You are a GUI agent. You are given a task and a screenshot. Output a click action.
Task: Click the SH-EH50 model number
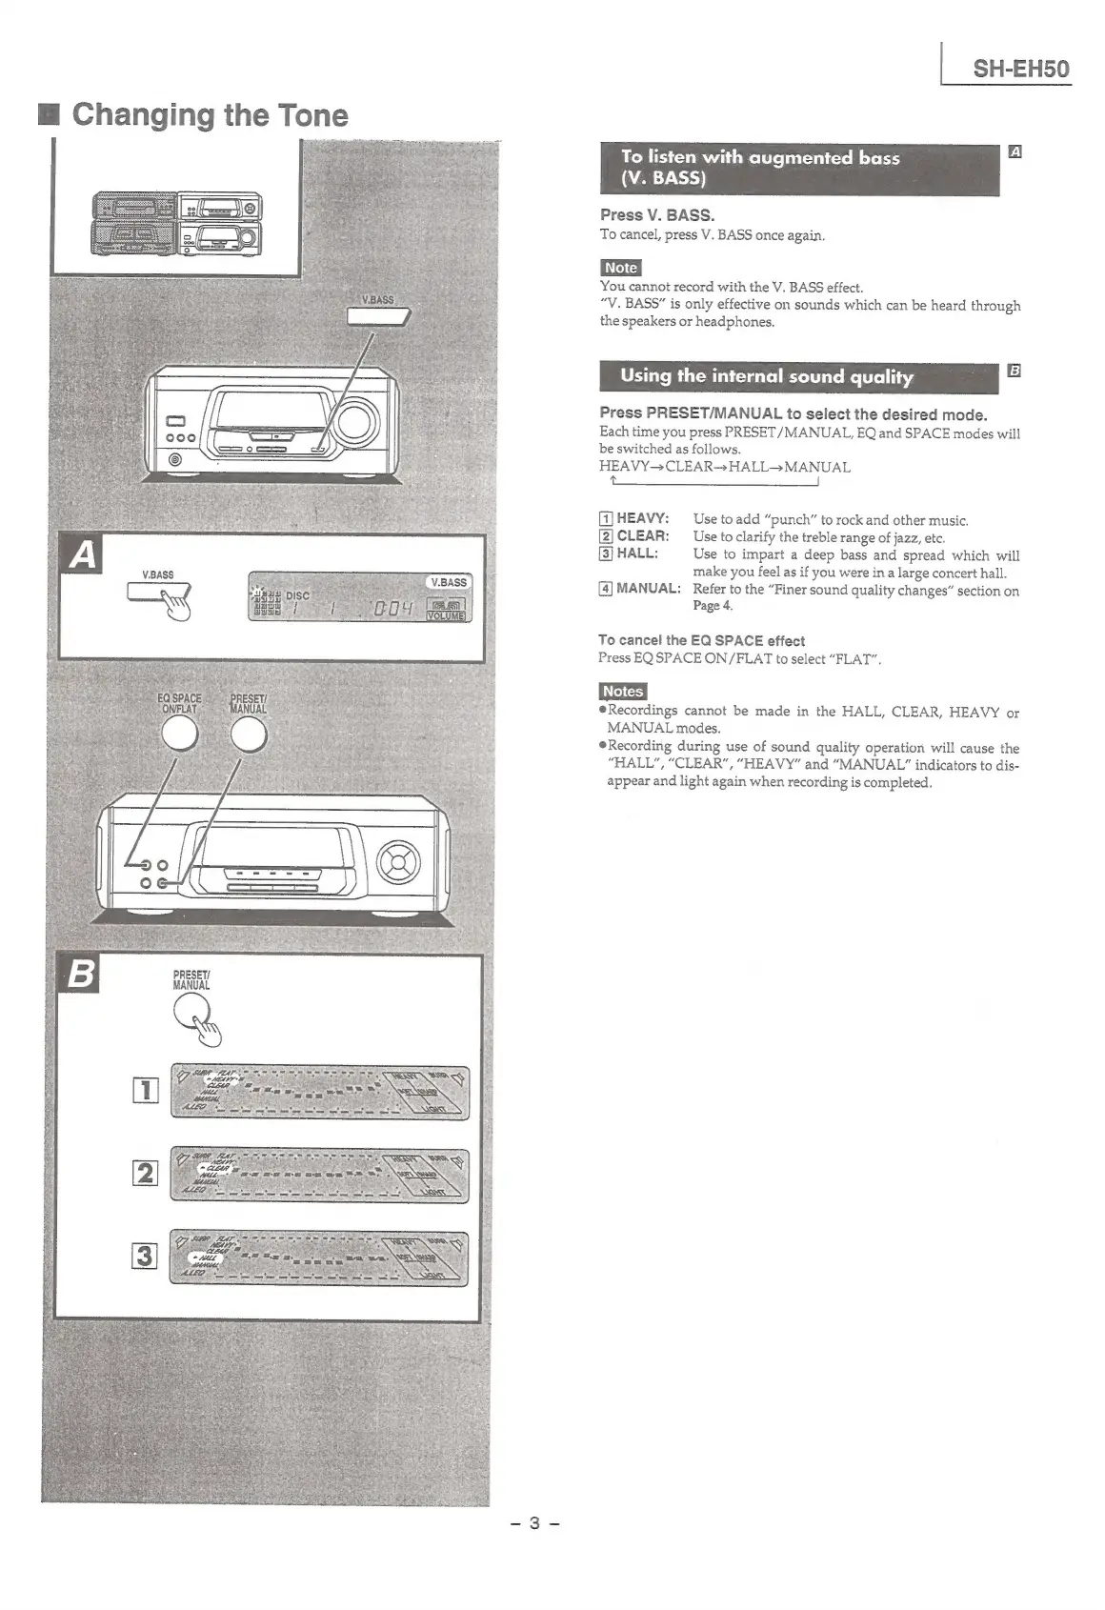click(1020, 69)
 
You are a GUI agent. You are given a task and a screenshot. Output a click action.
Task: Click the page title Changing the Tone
click(210, 115)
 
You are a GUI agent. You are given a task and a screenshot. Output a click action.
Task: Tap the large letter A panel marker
click(82, 555)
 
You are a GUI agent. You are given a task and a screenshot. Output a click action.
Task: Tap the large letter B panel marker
click(81, 976)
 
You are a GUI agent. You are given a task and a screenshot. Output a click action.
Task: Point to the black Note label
click(620, 268)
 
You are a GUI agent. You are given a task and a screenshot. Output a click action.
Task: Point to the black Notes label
click(622, 692)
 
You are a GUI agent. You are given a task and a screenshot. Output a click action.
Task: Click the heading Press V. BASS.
click(656, 215)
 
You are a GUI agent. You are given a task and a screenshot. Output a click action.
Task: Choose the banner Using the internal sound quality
click(798, 376)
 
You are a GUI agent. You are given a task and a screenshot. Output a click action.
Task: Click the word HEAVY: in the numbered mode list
click(642, 519)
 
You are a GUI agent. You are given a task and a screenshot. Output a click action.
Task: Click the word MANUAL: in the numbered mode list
click(648, 589)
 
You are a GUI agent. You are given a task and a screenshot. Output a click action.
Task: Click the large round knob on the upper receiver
click(357, 422)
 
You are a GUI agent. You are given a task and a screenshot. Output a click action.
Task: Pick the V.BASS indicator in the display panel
click(448, 582)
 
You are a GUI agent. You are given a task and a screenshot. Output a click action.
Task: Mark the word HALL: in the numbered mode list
click(636, 553)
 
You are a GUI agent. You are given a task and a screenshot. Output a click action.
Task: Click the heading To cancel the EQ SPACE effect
click(701, 641)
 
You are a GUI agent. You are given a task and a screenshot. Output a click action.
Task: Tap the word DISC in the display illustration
click(297, 595)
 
